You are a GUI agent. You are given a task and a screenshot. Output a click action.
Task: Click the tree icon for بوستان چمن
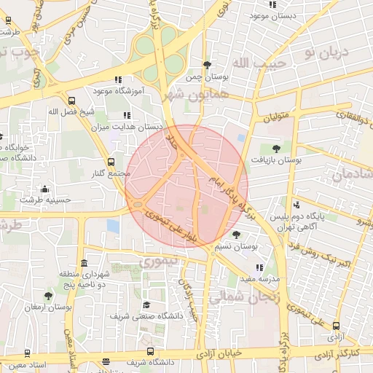(x=207, y=64)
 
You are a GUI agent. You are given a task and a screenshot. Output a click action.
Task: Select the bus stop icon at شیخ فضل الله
(x=71, y=101)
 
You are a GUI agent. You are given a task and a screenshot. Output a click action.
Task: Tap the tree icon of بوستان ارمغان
(x=48, y=296)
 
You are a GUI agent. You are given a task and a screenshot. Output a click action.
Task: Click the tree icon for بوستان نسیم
(x=236, y=235)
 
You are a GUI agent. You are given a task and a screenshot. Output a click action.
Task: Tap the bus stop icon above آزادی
(x=336, y=326)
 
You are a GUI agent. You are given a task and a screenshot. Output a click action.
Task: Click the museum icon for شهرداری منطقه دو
(x=85, y=263)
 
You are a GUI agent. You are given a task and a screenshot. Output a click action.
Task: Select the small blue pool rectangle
(x=113, y=226)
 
